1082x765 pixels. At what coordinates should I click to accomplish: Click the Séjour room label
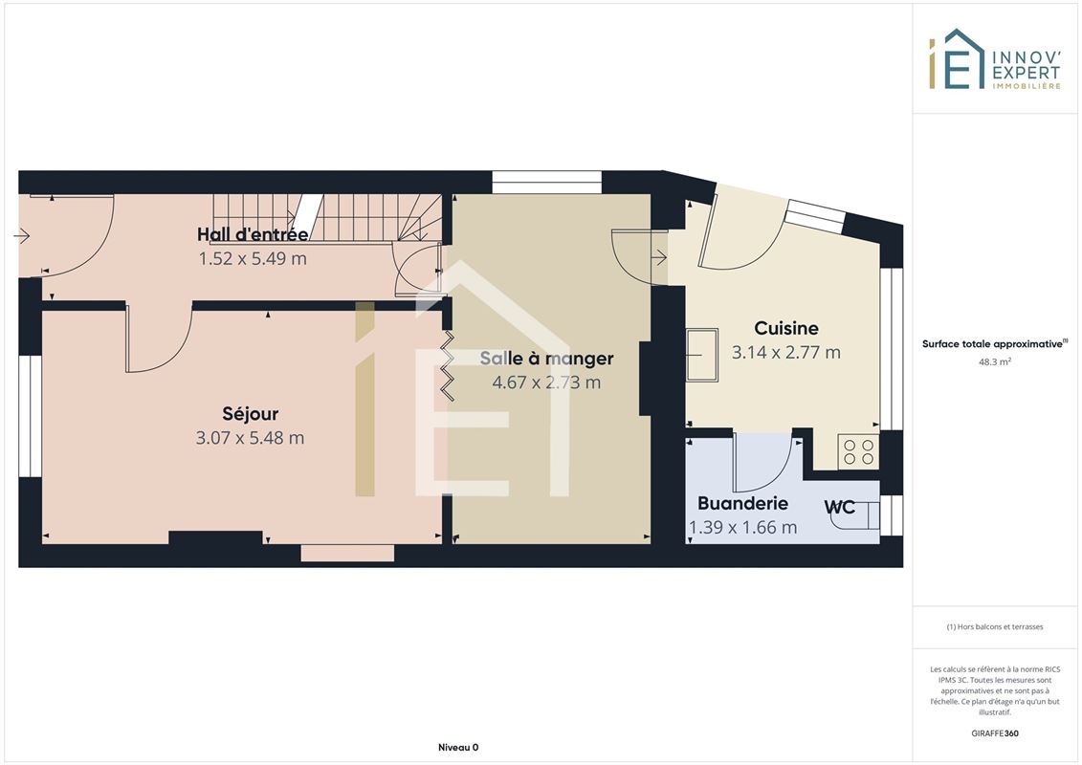pyautogui.click(x=251, y=414)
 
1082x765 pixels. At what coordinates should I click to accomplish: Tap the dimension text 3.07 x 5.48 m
pyautogui.click(x=250, y=438)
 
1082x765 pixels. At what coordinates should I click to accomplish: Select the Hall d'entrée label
pyautogui.click(x=253, y=234)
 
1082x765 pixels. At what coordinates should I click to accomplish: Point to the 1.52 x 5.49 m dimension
pyautogui.click(x=253, y=259)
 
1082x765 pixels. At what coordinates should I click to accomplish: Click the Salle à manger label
pyautogui.click(x=546, y=359)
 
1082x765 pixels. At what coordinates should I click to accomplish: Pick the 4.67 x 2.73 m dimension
pyautogui.click(x=546, y=382)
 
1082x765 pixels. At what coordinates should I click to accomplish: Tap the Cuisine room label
pyautogui.click(x=786, y=328)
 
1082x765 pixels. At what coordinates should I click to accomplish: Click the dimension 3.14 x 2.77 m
pyautogui.click(x=786, y=353)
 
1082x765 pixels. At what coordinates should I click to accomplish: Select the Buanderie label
pyautogui.click(x=742, y=504)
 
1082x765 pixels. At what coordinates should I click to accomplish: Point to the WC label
pyautogui.click(x=839, y=508)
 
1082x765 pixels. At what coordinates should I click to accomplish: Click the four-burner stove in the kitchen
pyautogui.click(x=858, y=452)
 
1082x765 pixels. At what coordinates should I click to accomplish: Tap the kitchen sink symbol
pyautogui.click(x=702, y=355)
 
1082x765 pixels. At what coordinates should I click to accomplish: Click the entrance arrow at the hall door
pyautogui.click(x=21, y=236)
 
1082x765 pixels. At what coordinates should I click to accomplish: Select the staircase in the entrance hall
pyautogui.click(x=327, y=217)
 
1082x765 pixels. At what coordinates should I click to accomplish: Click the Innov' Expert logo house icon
pyautogui.click(x=956, y=59)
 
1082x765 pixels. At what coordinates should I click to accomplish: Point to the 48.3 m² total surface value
pyautogui.click(x=994, y=361)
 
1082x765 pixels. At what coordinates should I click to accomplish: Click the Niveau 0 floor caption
pyautogui.click(x=458, y=747)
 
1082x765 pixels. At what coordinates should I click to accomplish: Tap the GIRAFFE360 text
pyautogui.click(x=994, y=733)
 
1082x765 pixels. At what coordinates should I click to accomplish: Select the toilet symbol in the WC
pyautogui.click(x=856, y=516)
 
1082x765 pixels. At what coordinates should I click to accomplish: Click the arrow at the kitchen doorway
pyautogui.click(x=659, y=259)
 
